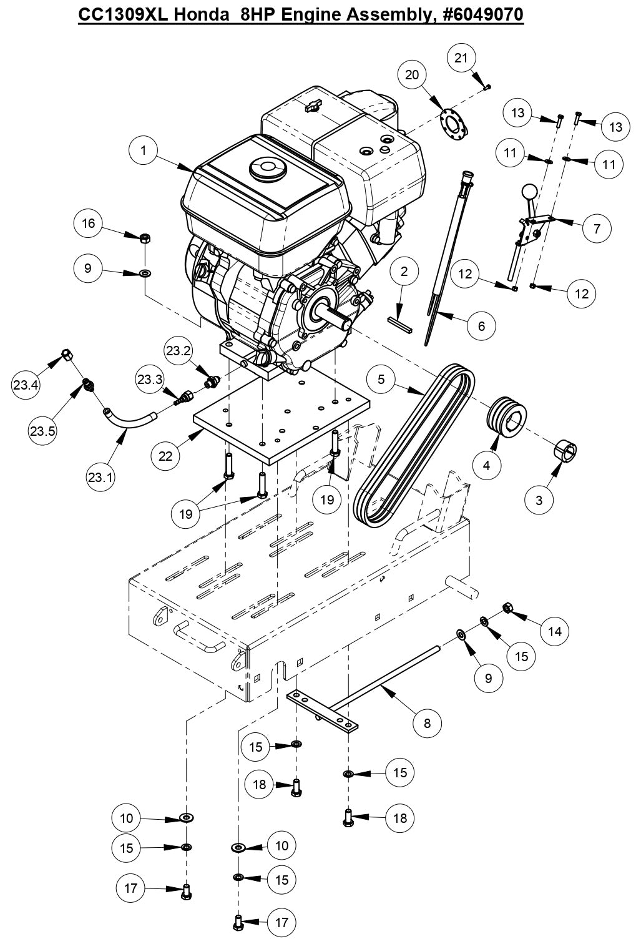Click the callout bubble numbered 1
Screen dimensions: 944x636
(144, 150)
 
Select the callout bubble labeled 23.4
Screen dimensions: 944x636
(26, 385)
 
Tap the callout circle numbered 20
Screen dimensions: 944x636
(412, 75)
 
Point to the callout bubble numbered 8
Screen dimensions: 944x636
(428, 723)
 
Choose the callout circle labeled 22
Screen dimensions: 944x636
(165, 456)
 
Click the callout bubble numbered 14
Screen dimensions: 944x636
(555, 631)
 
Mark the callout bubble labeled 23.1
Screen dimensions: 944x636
(101, 477)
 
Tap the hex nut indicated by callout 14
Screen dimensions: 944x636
(507, 607)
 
